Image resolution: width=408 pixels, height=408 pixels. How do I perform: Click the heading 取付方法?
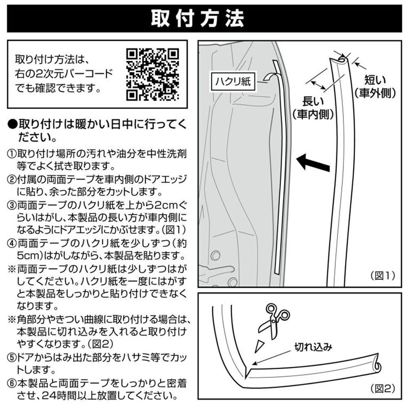(197, 18)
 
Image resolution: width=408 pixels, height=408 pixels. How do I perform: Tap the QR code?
(153, 75)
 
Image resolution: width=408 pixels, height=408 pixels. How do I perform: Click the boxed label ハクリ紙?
(233, 82)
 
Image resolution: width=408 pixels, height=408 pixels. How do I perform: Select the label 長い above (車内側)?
(313, 102)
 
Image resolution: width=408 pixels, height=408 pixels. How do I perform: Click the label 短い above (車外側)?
(375, 80)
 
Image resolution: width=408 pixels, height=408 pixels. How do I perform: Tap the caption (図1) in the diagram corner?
(383, 275)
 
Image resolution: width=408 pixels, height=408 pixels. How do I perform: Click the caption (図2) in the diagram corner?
(383, 389)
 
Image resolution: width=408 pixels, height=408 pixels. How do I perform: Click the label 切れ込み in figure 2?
(313, 347)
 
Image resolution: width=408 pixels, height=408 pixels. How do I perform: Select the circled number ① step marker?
(11, 153)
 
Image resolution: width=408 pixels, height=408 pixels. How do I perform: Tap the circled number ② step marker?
(11, 180)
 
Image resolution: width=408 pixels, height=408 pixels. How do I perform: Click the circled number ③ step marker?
(11, 206)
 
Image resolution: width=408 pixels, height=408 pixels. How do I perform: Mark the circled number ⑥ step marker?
(11, 384)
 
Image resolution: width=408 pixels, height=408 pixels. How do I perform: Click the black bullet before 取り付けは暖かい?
(12, 124)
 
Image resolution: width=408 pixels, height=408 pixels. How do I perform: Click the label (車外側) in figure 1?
(375, 93)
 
